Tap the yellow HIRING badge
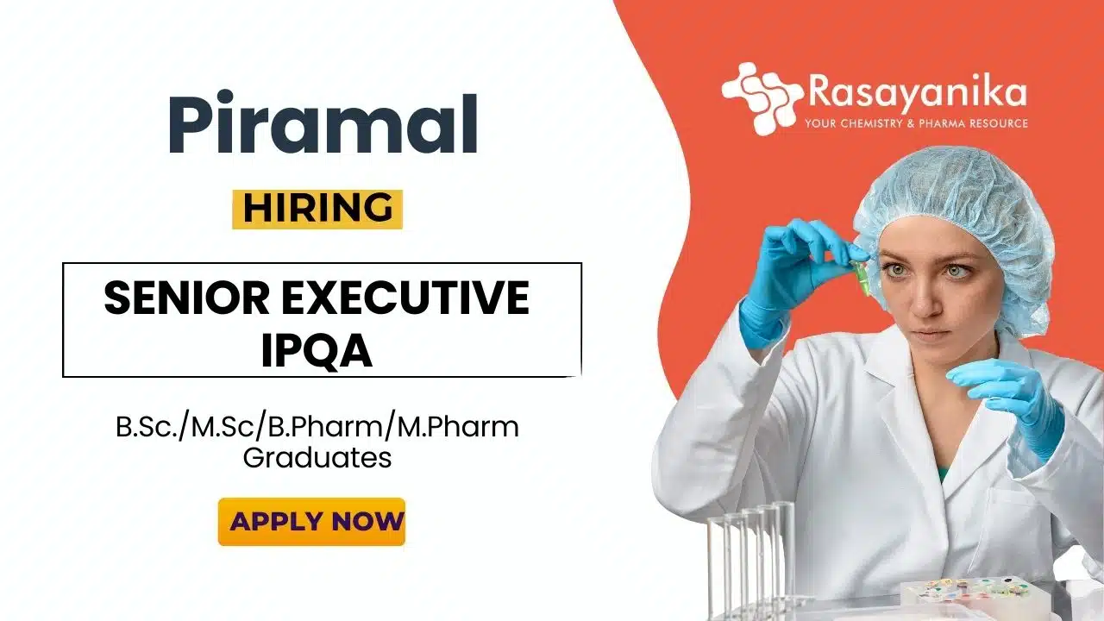317,209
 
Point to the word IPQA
317,350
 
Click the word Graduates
317,458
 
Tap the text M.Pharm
458,427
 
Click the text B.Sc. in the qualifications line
147,427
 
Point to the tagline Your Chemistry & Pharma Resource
917,123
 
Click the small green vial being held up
860,275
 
